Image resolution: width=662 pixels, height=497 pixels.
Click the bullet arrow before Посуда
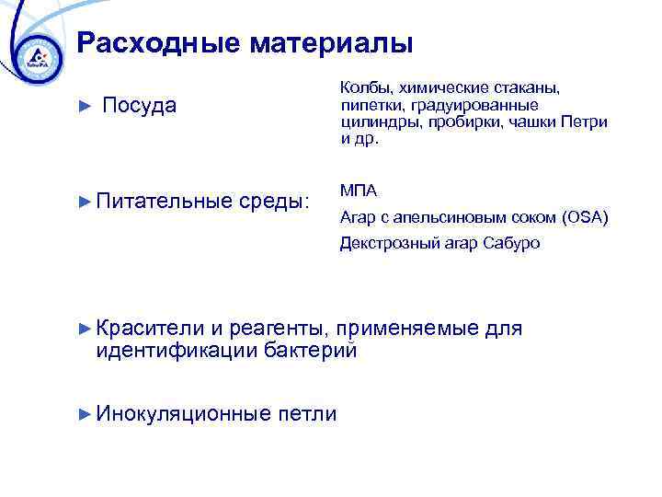(x=86, y=107)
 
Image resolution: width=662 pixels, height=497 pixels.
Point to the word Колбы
(x=363, y=88)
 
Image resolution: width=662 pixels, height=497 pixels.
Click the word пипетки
(x=371, y=106)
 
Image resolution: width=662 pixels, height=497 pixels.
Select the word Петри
(x=587, y=122)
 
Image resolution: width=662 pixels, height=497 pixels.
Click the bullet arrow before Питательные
(x=86, y=200)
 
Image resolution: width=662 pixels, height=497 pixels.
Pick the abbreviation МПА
(x=358, y=191)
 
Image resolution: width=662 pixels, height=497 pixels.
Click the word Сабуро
(x=514, y=244)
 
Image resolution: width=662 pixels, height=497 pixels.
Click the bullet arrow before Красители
(x=86, y=329)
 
